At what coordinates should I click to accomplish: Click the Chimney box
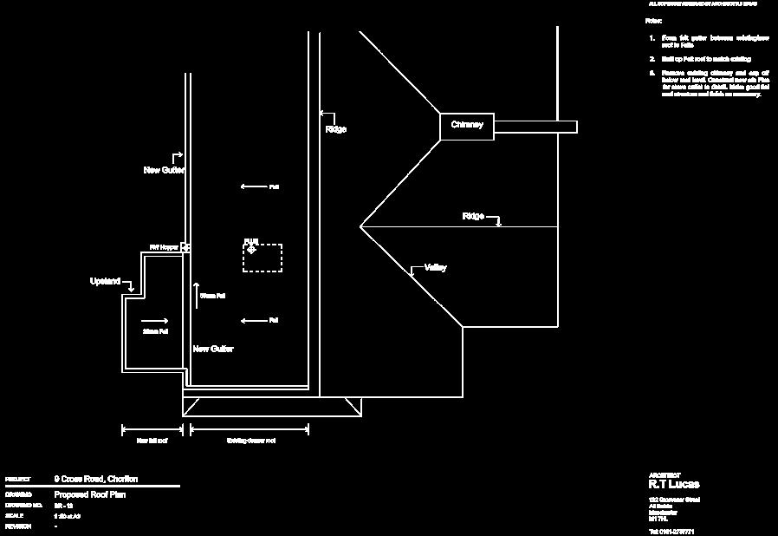[x=467, y=126]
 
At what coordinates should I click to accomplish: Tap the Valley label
[x=435, y=268]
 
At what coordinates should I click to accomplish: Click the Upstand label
[x=106, y=281]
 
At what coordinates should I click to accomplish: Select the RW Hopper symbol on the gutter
[x=185, y=247]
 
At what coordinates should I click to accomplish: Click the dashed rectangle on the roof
[x=263, y=258]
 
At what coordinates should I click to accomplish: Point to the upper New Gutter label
[x=164, y=170]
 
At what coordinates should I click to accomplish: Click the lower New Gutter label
[x=212, y=349]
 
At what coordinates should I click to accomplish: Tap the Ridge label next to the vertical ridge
[x=336, y=129]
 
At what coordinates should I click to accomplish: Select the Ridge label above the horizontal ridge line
[x=473, y=216]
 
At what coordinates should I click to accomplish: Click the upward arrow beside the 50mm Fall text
[x=196, y=295]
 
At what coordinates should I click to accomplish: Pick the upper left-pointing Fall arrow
[x=253, y=186]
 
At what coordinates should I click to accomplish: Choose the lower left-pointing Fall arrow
[x=253, y=321]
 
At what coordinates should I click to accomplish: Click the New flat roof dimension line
[x=152, y=428]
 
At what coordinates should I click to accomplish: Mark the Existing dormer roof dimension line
[x=250, y=428]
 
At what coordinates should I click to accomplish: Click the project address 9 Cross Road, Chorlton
[x=95, y=479]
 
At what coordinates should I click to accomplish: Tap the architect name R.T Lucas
[x=674, y=484]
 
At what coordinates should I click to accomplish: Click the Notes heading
[x=652, y=19]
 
